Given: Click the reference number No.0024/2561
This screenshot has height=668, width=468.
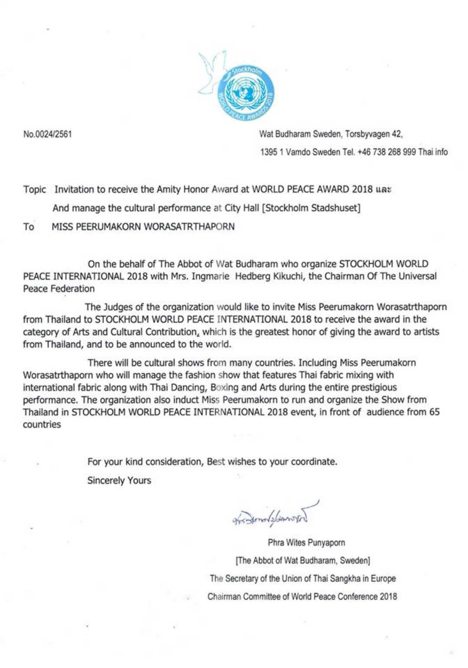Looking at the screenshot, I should pos(48,134).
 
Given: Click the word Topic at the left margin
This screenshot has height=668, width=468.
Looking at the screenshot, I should pos(34,190).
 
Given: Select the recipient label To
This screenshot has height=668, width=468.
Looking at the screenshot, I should pos(29,226).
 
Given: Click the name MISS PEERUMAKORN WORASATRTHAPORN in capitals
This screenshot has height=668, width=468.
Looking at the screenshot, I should pos(143,226).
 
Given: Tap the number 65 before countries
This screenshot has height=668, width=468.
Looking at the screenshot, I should pos(434,412).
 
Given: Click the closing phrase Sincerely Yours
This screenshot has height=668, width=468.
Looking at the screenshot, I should pos(119,480).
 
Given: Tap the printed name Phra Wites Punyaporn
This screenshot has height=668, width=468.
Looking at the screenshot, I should pos(306,542).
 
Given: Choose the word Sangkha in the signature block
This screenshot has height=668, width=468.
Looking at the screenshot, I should pos(340,578).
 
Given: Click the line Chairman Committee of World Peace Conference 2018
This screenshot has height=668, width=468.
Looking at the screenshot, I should pos(302,597).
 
